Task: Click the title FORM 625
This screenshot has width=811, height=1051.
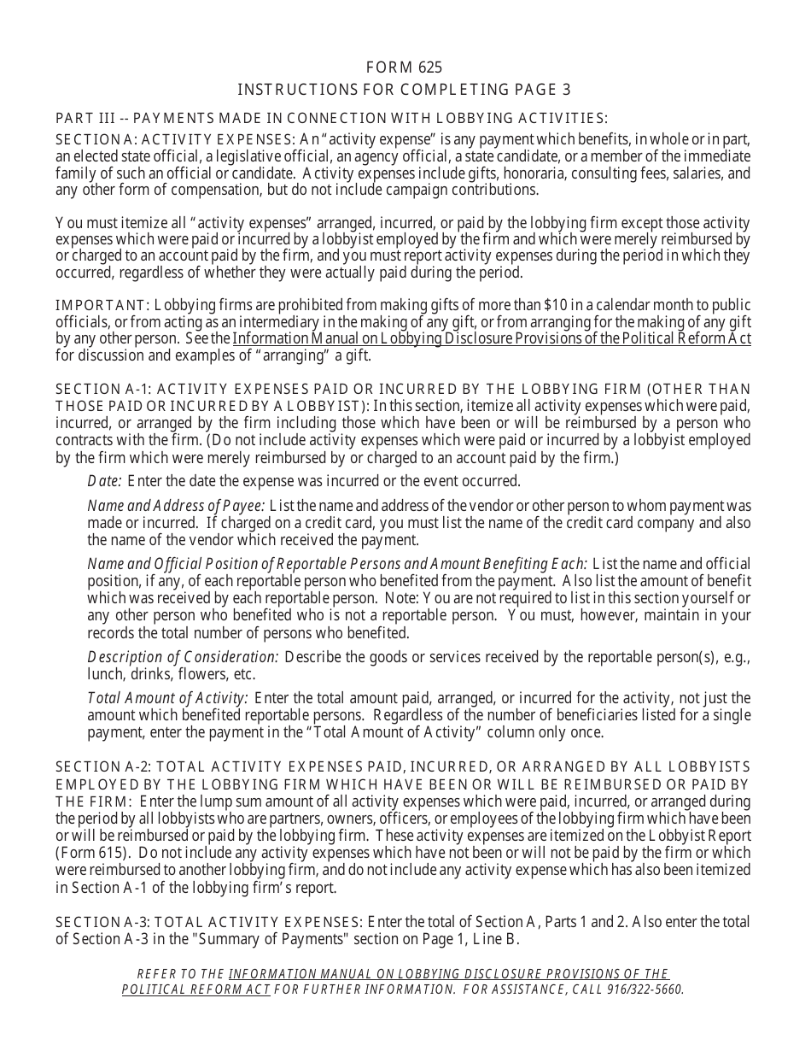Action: (404, 68)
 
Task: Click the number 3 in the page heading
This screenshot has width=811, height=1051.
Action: (567, 90)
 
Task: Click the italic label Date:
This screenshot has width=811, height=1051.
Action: (104, 481)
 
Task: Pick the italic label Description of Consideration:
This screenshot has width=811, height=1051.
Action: (183, 656)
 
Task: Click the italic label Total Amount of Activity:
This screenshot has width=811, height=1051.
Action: (167, 698)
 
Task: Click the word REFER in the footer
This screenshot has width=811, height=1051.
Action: (156, 974)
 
